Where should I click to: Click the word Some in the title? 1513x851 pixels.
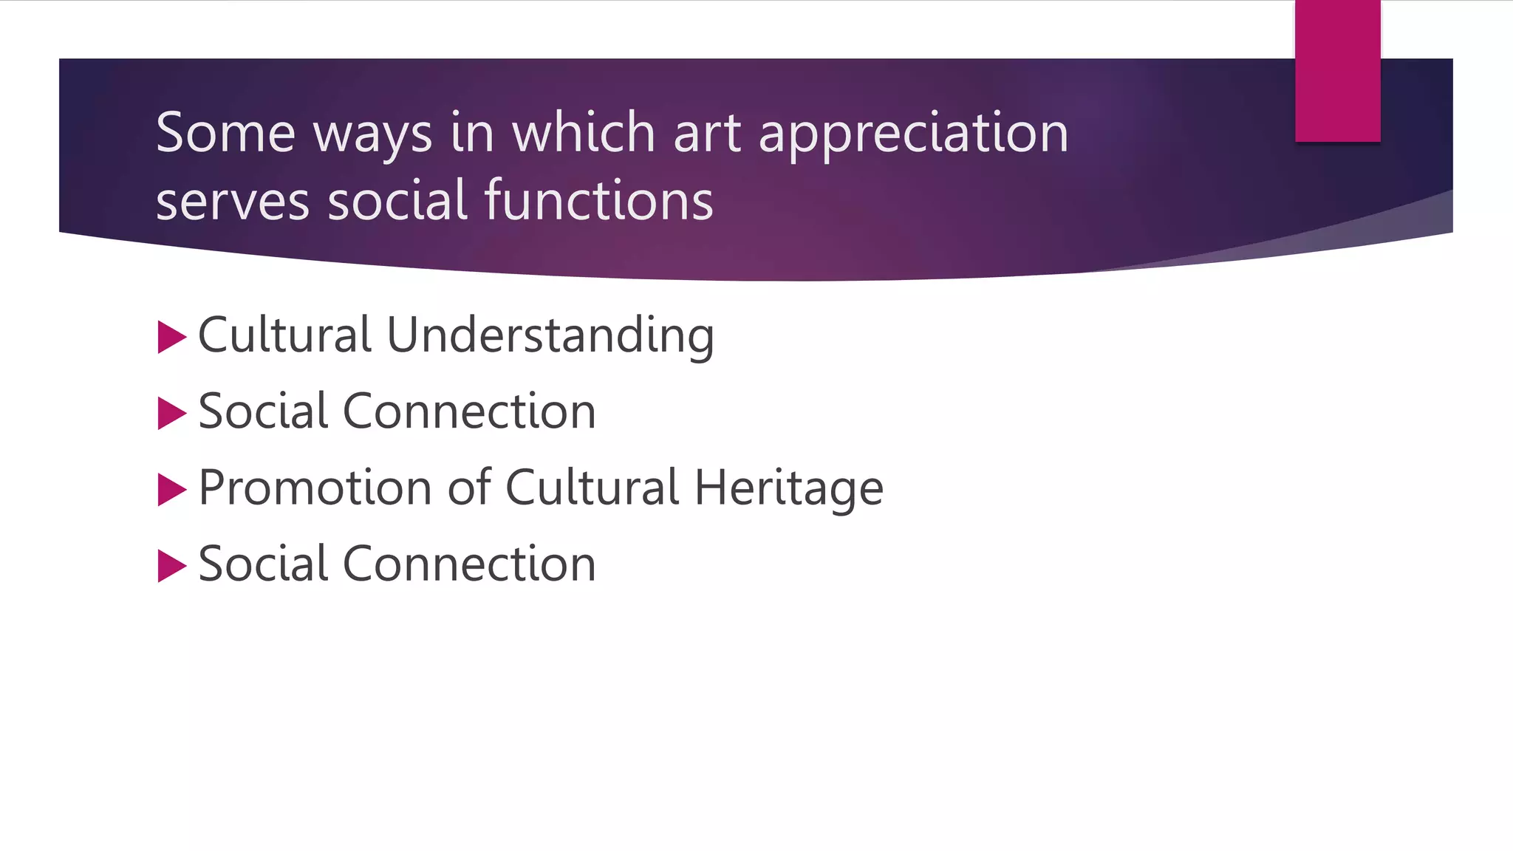click(225, 133)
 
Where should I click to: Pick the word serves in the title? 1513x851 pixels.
click(232, 202)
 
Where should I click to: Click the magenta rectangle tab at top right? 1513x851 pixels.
click(1337, 71)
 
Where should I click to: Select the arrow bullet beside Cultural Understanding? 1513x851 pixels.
click(171, 338)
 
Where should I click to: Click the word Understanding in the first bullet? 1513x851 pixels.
click(550, 336)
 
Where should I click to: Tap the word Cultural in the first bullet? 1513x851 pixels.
click(284, 335)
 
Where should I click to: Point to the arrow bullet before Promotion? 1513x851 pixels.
click(171, 490)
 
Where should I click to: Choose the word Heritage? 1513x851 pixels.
click(788, 489)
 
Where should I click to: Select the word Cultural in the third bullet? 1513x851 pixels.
click(592, 488)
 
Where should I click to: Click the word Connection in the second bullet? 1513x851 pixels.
click(469, 411)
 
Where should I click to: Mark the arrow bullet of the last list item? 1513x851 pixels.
click(171, 567)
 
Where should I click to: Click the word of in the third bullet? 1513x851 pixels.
click(469, 488)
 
